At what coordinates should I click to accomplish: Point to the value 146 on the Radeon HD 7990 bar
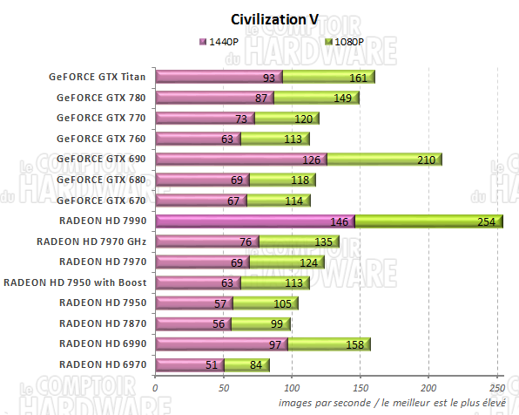[340, 222]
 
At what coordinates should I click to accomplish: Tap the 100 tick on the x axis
[292, 388]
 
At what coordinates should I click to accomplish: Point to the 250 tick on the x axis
[496, 388]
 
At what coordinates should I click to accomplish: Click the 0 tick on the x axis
[155, 388]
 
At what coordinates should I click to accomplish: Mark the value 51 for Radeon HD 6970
[212, 365]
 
